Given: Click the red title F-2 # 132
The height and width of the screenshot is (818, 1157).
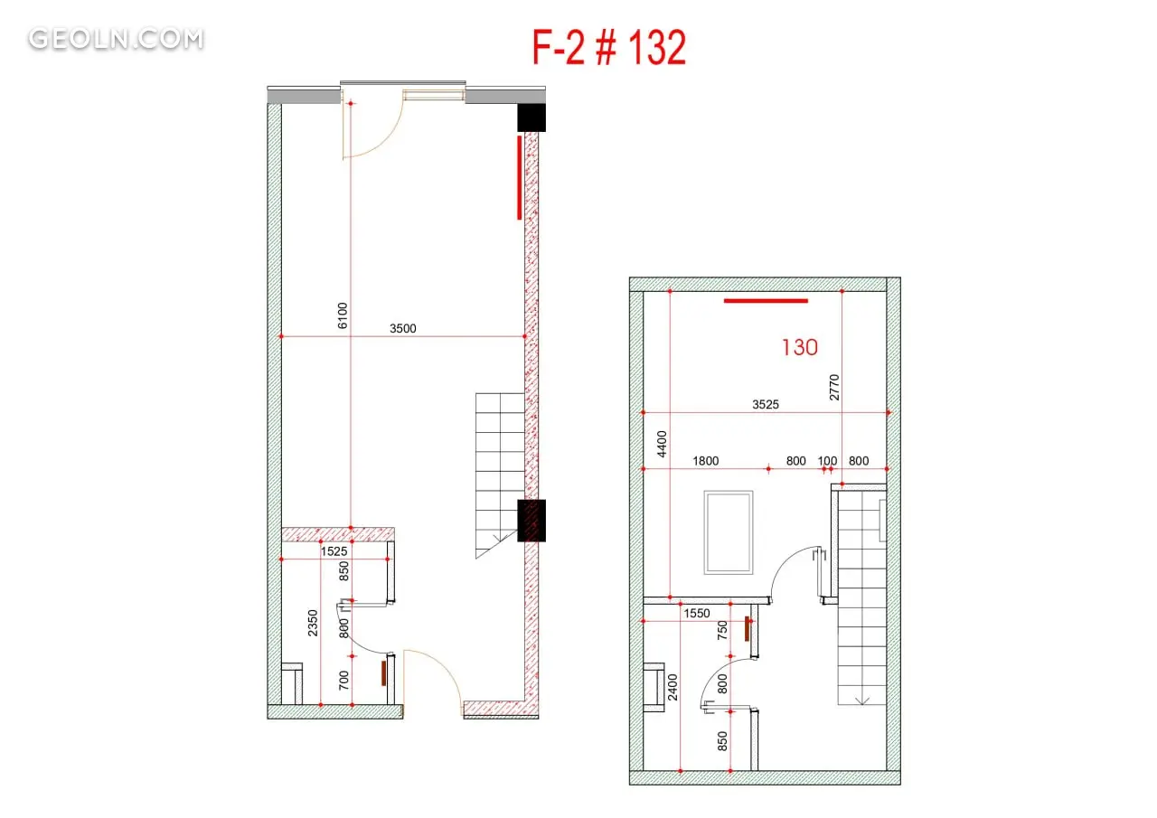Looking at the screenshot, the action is (x=609, y=48).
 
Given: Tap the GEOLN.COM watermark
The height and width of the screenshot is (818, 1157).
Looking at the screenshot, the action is (x=117, y=39).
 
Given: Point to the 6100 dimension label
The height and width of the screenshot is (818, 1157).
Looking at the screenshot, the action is (x=343, y=315).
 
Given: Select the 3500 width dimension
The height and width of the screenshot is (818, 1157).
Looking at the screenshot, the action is (x=403, y=328).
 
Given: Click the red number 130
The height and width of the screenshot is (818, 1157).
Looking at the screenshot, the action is (x=800, y=348).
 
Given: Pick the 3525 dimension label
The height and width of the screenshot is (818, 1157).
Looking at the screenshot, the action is (x=766, y=404).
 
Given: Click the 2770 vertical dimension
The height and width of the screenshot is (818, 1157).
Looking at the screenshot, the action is (x=834, y=388).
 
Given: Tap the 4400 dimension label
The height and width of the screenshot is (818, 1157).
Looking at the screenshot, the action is (x=662, y=444).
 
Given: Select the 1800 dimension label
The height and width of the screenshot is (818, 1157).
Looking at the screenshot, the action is (x=706, y=461).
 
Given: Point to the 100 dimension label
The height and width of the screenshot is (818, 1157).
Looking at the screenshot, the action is (x=827, y=461).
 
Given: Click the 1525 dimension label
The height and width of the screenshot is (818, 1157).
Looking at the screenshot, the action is (x=334, y=551).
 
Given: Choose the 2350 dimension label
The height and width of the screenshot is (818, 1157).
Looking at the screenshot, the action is (x=313, y=624).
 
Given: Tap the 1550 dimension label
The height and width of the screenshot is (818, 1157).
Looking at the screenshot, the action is (x=697, y=614).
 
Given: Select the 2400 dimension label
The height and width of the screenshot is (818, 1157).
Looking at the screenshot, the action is (x=672, y=687).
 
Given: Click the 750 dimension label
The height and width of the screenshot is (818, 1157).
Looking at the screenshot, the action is (x=722, y=630).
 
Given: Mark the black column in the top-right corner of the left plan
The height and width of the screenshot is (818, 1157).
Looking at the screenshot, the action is (x=531, y=118).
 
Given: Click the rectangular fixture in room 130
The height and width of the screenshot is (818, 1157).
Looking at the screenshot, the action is (x=729, y=532).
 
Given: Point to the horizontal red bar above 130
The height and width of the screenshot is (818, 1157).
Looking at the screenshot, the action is (x=766, y=301).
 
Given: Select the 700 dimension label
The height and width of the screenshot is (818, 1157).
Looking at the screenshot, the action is (x=343, y=681).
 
